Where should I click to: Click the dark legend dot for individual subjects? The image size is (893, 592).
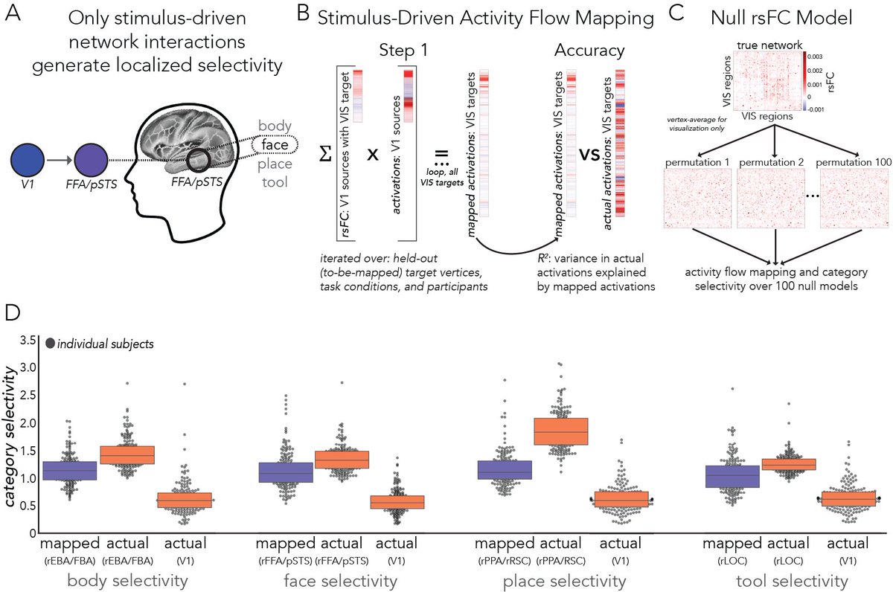[x=50, y=344]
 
